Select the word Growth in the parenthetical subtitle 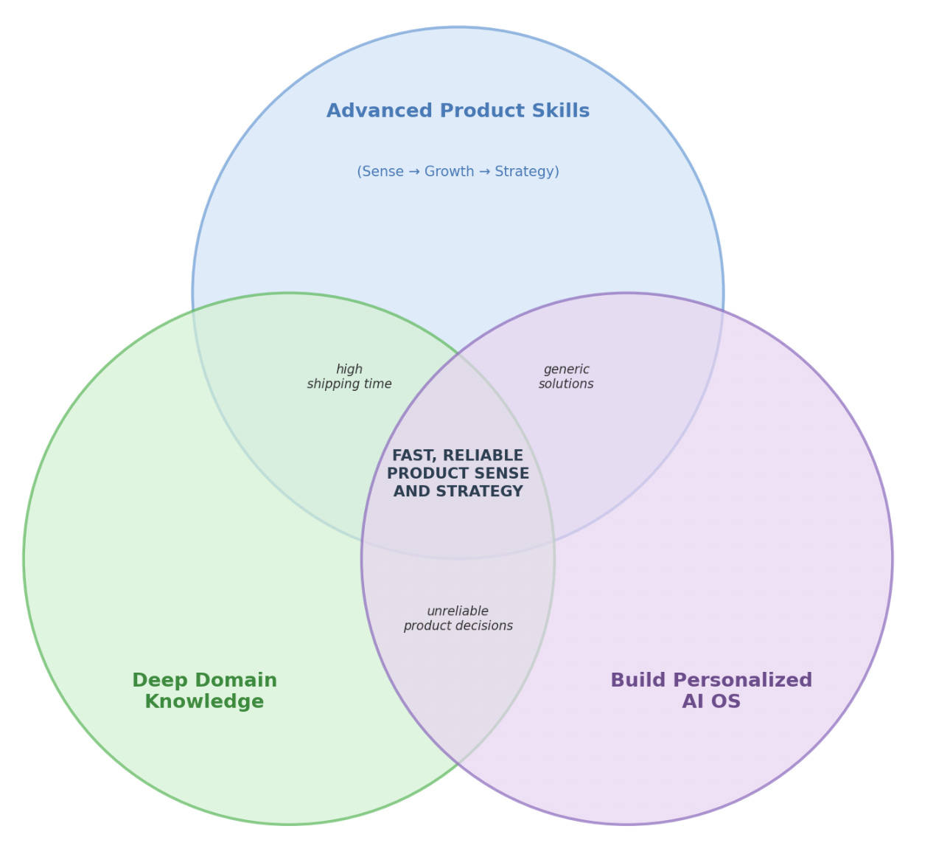(450, 172)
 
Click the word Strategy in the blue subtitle (526, 172)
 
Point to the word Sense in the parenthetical (382, 172)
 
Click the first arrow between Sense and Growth (414, 172)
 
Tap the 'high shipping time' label (349, 377)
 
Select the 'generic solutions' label (566, 377)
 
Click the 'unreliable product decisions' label (458, 619)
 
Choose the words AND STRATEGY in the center (458, 491)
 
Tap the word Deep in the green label (157, 680)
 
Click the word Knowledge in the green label (204, 701)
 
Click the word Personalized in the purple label (742, 680)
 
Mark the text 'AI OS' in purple (711, 701)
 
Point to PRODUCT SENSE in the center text (458, 473)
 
